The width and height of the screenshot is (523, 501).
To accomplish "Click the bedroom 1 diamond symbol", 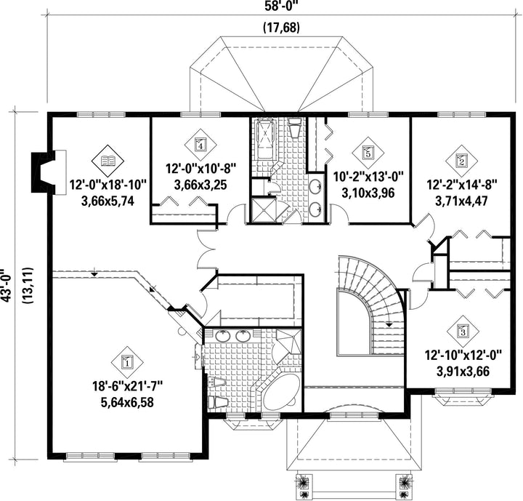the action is pyautogui.click(x=127, y=361).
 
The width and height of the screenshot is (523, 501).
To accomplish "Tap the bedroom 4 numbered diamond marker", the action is pyautogui.click(x=200, y=145).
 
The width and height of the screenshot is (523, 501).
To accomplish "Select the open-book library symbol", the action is pyautogui.click(x=108, y=161).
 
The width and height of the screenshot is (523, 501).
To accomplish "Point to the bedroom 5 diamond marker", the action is pyautogui.click(x=368, y=153).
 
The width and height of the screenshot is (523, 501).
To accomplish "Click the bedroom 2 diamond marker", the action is pyautogui.click(x=462, y=161).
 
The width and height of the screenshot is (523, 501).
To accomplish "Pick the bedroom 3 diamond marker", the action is pyautogui.click(x=463, y=331).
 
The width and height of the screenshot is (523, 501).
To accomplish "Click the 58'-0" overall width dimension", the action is pyautogui.click(x=281, y=7).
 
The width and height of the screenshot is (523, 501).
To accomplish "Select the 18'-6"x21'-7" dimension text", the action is pyautogui.click(x=127, y=387).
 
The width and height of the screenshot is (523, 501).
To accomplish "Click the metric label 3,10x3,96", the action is pyautogui.click(x=368, y=193).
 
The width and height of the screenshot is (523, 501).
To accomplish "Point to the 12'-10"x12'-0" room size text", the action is pyautogui.click(x=463, y=355).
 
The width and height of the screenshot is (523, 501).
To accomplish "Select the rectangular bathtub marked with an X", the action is pyautogui.click(x=266, y=140).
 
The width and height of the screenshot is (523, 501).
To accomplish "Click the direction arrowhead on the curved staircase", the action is pyautogui.click(x=389, y=324).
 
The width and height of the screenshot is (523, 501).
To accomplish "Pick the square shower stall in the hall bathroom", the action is pyautogui.click(x=264, y=210).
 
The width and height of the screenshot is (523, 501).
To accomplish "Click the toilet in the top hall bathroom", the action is pyautogui.click(x=295, y=128).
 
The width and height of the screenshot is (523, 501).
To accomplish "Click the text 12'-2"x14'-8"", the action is pyautogui.click(x=462, y=184).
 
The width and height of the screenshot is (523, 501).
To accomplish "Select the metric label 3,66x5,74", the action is pyautogui.click(x=108, y=201).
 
